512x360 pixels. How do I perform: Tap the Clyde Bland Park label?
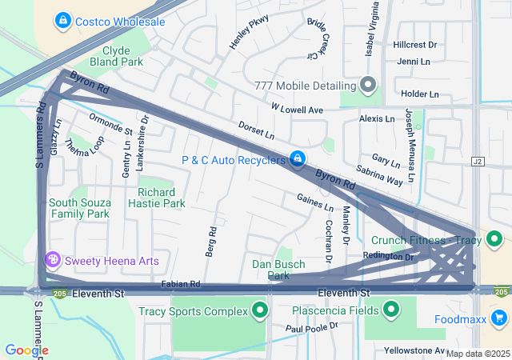[117, 55]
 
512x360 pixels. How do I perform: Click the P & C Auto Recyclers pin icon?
[298, 159]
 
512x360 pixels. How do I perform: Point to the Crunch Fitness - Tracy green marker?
[494, 239]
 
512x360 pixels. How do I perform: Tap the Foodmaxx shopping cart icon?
[500, 319]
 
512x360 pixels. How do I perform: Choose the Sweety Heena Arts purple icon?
[53, 260]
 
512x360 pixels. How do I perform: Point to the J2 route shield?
[478, 161]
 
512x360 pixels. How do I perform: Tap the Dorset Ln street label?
[256, 128]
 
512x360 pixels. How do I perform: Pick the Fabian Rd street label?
[180, 284]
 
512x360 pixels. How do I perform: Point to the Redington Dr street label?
[388, 257]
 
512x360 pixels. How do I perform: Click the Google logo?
[26, 350]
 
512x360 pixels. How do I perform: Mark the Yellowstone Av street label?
[414, 350]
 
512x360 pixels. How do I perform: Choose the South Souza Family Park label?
[79, 208]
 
